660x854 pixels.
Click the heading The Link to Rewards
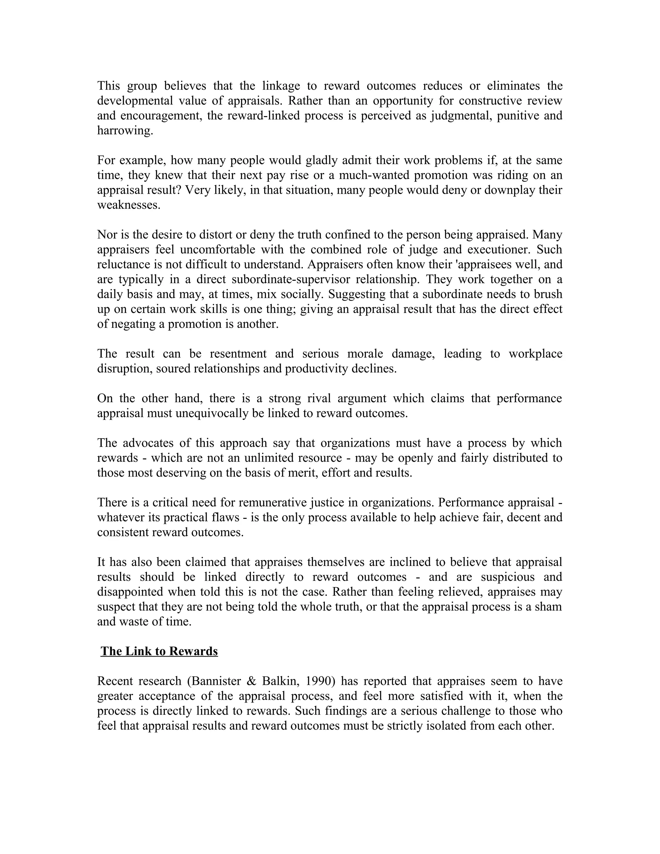(x=159, y=651)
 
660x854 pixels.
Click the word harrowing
(x=125, y=131)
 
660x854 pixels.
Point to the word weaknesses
(x=129, y=205)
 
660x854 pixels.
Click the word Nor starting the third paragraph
(x=106, y=235)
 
